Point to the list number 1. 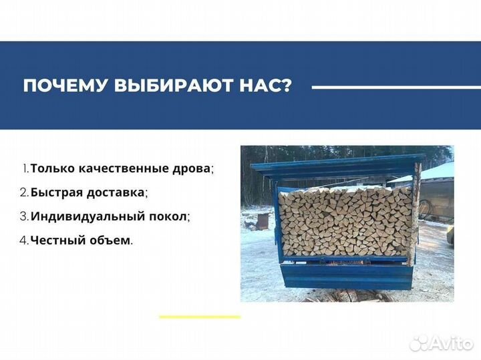(25, 170)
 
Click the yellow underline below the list (198, 316)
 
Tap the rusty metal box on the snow (263, 220)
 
